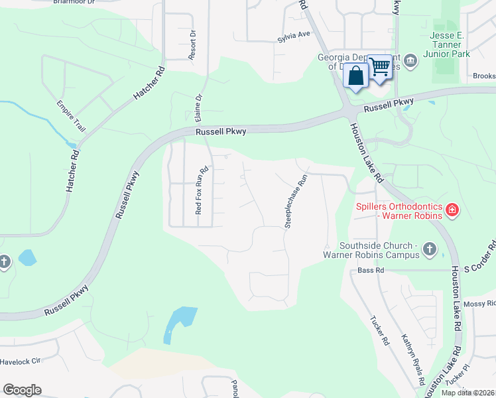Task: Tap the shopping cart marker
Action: pos(379,67)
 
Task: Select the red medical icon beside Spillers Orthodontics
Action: pos(452,211)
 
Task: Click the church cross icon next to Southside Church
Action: pos(429,249)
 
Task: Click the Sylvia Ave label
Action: pos(294,34)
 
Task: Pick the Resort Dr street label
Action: pos(192,44)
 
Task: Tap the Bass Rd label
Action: pos(371,271)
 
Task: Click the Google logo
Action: pos(22,390)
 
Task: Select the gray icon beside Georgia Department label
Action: pos(410,62)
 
